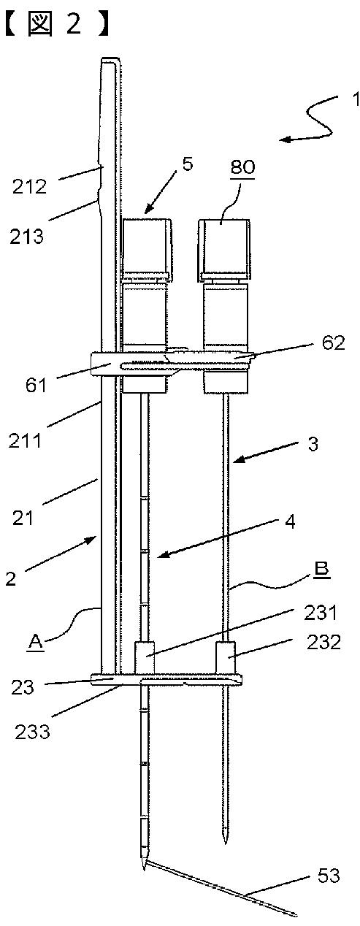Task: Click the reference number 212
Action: click(x=30, y=187)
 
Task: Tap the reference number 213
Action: click(x=26, y=237)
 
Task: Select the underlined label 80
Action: click(x=243, y=167)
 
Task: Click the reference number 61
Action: click(x=36, y=386)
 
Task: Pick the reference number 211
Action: click(x=26, y=440)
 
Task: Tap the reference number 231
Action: click(x=321, y=612)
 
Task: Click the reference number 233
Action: click(x=32, y=732)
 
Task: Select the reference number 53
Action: click(x=329, y=875)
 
